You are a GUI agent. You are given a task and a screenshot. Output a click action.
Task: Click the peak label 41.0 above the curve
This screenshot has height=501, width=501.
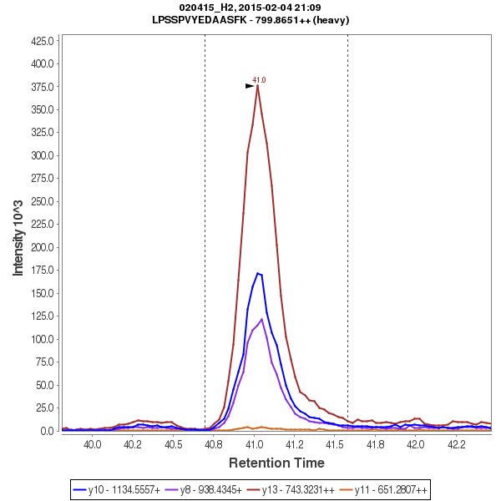tap(259, 80)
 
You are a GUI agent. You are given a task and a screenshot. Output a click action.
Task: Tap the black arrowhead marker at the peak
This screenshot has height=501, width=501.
tap(250, 85)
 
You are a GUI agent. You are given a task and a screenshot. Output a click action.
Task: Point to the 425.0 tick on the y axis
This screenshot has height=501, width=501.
tap(43, 40)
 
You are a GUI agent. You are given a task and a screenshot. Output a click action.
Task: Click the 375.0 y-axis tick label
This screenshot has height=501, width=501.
tap(43, 87)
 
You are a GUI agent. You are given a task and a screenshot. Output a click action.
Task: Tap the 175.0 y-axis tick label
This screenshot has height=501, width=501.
tap(43, 271)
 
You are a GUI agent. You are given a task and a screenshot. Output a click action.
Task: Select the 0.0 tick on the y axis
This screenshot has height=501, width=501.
tap(48, 431)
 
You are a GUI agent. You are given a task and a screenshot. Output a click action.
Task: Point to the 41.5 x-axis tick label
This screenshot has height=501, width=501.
tap(334, 445)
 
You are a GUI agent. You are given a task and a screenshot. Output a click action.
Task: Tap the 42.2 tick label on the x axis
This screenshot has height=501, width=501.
tap(455, 445)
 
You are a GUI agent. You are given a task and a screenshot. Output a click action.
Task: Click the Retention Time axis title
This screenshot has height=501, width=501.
tap(277, 462)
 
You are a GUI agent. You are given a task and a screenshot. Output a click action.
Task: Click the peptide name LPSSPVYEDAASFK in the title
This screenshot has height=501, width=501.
tap(200, 19)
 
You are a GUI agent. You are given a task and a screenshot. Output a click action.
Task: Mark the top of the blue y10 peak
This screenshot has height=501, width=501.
tap(259, 272)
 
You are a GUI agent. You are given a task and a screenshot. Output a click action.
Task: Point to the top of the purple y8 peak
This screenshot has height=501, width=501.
tap(262, 319)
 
